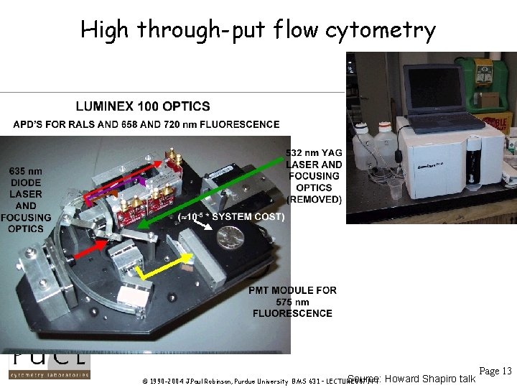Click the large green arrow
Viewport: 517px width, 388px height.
pyautogui.click(x=215, y=187)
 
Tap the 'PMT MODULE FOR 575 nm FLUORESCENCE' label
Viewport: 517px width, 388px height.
pyautogui.click(x=292, y=302)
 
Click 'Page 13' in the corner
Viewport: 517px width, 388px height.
pyautogui.click(x=495, y=371)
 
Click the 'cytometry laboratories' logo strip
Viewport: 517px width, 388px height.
pyautogui.click(x=49, y=374)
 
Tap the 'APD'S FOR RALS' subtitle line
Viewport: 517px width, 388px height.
pyautogui.click(x=146, y=124)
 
